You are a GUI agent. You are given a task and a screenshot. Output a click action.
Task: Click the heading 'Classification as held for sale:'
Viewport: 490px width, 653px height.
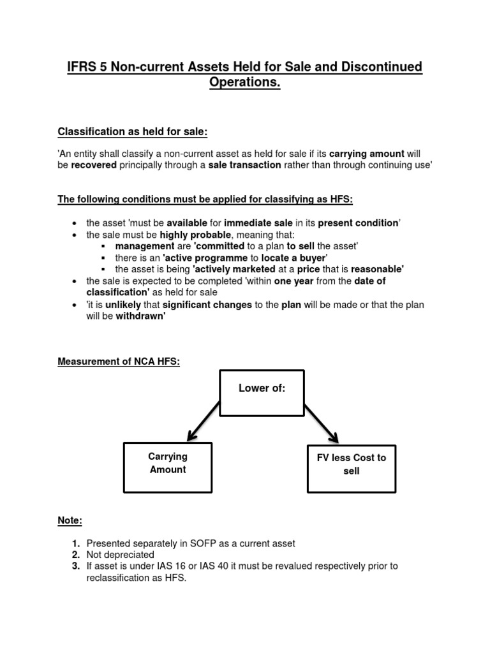(x=133, y=131)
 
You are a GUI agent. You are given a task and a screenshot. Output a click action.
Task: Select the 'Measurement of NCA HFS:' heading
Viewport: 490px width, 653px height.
(x=119, y=362)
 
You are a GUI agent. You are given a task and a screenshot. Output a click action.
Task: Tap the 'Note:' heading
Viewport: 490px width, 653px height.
(x=70, y=520)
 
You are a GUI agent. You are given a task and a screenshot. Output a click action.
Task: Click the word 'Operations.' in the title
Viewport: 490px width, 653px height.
(x=245, y=83)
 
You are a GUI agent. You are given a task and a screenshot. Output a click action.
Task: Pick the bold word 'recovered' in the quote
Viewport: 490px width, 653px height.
(x=94, y=165)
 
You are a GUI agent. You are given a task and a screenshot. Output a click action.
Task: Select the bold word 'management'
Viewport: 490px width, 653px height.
(x=145, y=246)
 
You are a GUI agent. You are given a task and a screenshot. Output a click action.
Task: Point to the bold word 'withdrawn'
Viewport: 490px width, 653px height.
(x=140, y=316)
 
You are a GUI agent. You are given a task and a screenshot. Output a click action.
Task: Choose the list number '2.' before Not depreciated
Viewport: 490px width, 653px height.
(x=75, y=555)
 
